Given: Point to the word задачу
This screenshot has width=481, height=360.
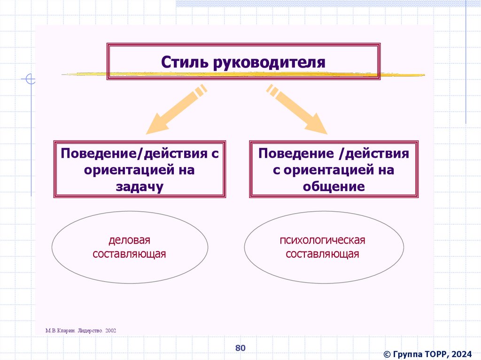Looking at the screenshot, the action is pos(140,186).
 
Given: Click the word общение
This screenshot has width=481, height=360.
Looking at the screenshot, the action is pos(334,186).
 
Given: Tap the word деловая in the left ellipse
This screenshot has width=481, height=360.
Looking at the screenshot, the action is pos(129,241).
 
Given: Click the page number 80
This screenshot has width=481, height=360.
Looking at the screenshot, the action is pos(240,348).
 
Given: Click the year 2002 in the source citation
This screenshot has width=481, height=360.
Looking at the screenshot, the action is pos(111,330).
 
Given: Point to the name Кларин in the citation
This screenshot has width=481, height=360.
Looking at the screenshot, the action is pos(66,330).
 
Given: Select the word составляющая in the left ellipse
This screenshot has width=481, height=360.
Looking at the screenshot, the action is pos(129,254).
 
